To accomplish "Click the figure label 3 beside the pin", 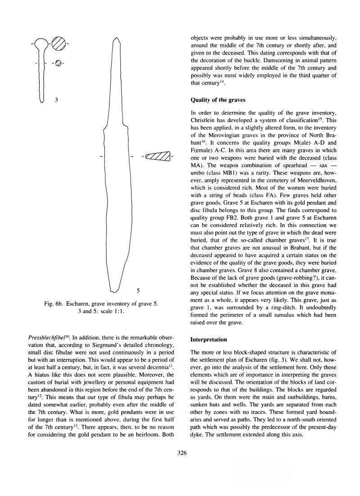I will point(55,100).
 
